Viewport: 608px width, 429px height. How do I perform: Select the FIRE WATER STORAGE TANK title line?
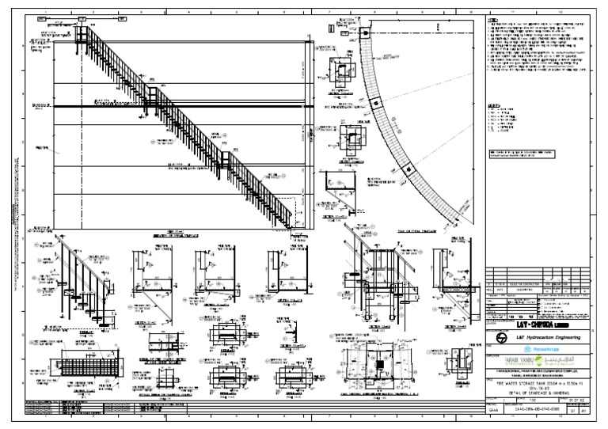point(531,384)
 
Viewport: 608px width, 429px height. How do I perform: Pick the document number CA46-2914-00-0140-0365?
point(531,412)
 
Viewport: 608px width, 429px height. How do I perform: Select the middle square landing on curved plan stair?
point(379,106)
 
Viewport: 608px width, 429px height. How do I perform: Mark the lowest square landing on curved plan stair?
point(408,169)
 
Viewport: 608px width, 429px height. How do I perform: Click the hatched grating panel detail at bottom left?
point(78,370)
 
